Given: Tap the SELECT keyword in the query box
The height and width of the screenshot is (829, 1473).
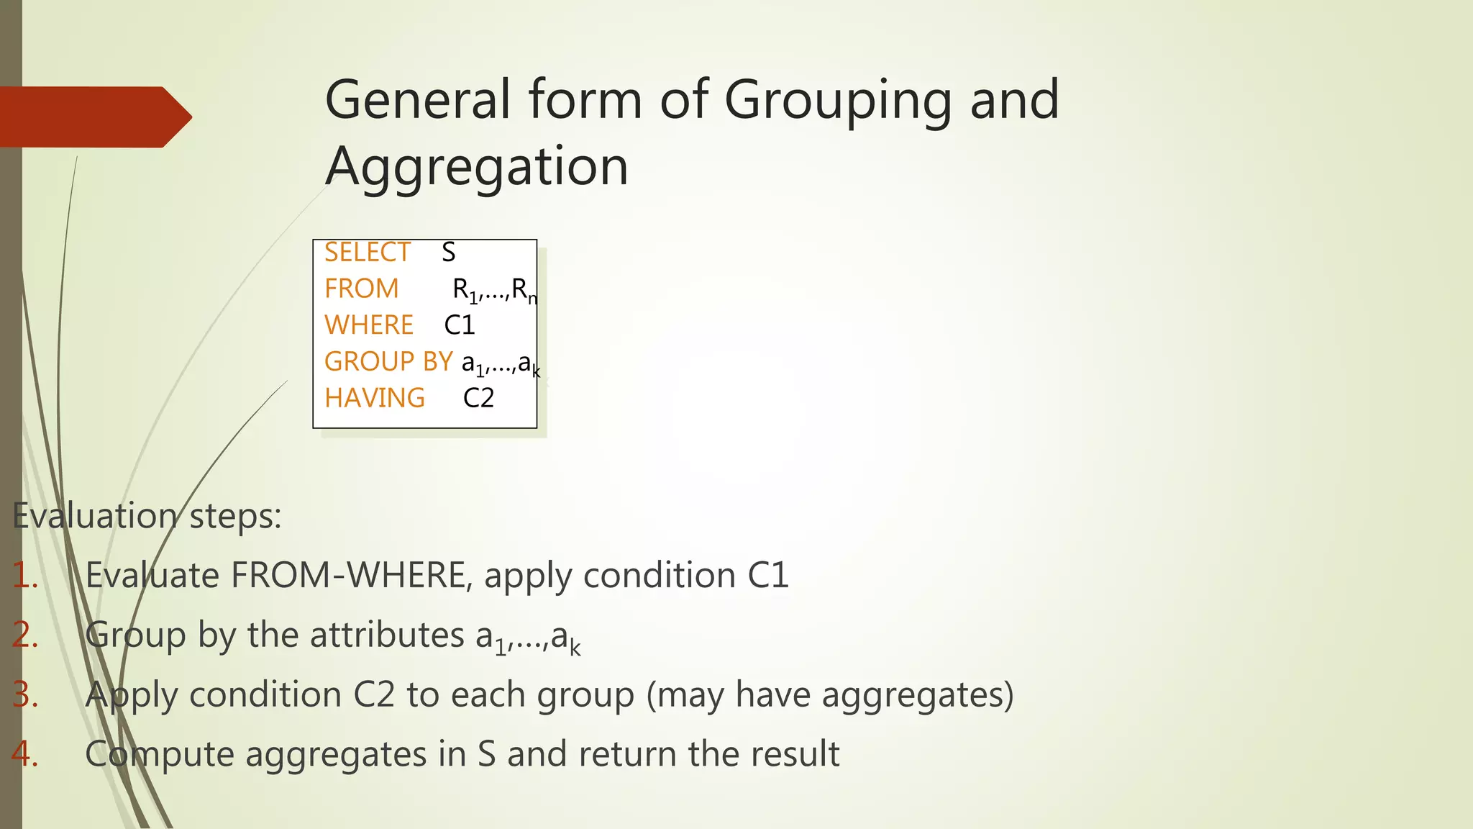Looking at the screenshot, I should (367, 253).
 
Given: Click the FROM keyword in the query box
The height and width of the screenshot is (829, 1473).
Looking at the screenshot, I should (361, 289).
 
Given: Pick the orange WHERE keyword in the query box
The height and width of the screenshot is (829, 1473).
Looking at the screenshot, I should (369, 325).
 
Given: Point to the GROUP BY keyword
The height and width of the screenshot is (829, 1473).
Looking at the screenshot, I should (388, 361).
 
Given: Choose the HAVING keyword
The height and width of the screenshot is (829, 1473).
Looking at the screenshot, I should (375, 398).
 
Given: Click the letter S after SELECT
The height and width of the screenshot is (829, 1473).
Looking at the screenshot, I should (448, 253).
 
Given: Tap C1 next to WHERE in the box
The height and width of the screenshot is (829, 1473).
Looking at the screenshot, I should (460, 325).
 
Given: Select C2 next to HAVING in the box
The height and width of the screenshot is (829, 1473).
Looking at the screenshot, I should (478, 398).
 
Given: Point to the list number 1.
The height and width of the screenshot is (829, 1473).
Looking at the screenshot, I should (25, 576).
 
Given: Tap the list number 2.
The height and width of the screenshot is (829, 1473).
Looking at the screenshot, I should (25, 635).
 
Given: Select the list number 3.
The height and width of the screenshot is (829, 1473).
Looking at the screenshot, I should (25, 695).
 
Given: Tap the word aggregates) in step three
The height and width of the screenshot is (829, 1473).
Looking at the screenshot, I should (918, 695).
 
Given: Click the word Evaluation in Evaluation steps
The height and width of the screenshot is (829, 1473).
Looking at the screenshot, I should (94, 516).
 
